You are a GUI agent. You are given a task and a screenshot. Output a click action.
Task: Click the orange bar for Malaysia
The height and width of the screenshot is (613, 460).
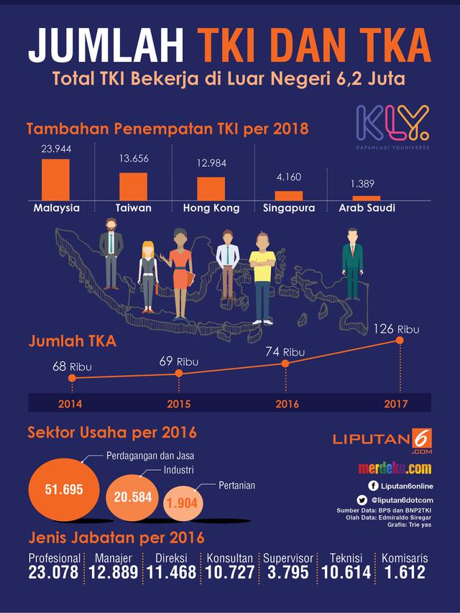pyautogui.click(x=55, y=180)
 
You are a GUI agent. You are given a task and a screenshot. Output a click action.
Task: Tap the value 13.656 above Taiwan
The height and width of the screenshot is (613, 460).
pyautogui.click(x=134, y=157)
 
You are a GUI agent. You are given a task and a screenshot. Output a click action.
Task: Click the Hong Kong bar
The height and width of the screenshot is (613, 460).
pyautogui.click(x=211, y=188)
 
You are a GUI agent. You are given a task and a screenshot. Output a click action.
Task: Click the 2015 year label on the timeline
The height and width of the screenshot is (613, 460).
pyautogui.click(x=178, y=404)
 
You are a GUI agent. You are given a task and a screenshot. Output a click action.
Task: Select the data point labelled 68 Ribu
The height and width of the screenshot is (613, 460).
pyautogui.click(x=71, y=378)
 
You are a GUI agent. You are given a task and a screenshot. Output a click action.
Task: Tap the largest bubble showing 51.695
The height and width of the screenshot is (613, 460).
pyautogui.click(x=63, y=490)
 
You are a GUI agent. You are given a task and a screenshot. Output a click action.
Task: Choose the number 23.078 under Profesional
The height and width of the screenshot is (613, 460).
pyautogui.click(x=55, y=572)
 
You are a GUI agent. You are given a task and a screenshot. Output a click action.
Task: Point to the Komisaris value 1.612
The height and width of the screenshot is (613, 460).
pyautogui.click(x=403, y=572)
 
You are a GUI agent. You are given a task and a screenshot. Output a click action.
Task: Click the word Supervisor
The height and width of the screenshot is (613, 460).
pyautogui.click(x=287, y=558)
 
